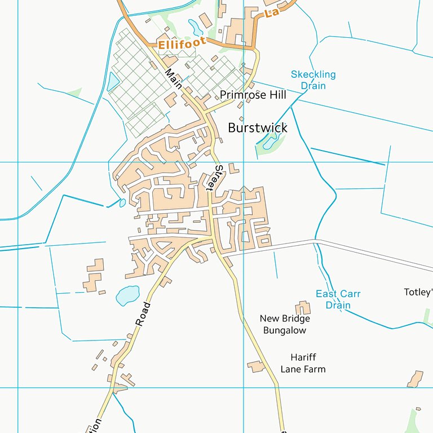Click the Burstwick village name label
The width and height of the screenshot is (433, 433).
point(258,128)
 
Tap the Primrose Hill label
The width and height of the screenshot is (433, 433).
point(253,95)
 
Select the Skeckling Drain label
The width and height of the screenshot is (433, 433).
point(313,79)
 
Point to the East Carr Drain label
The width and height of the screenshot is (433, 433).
point(338,299)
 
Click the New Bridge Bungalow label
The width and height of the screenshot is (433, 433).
point(285,324)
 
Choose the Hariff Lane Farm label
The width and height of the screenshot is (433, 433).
point(303,363)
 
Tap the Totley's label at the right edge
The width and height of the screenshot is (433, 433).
point(418,292)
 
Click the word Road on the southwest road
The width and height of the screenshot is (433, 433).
point(143,314)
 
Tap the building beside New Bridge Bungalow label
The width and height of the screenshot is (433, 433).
point(303,308)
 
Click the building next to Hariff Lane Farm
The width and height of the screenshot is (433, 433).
point(257,366)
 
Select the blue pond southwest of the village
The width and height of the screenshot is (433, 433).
point(127,294)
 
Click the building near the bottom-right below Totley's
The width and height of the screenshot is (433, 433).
point(415,379)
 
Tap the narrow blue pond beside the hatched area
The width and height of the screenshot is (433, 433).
point(113,82)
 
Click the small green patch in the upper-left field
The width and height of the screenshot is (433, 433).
point(74,91)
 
